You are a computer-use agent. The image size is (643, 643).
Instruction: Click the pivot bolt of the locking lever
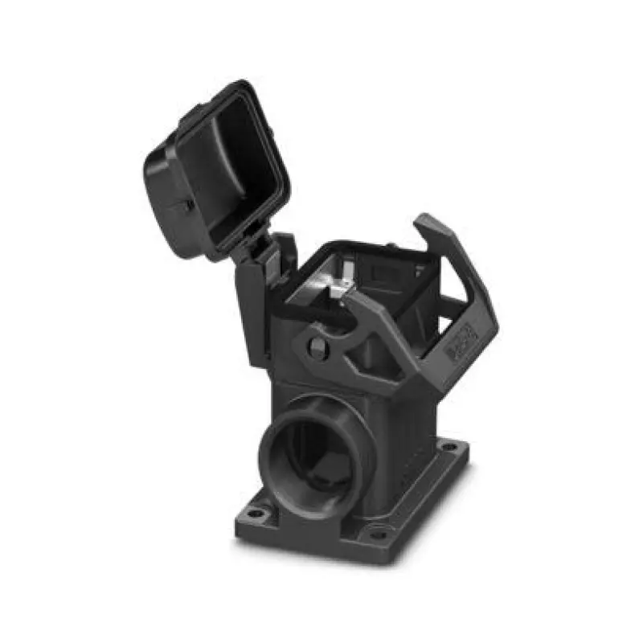pyautogui.click(x=317, y=347)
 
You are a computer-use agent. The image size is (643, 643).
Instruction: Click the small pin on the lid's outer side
pyautogui.click(x=186, y=205)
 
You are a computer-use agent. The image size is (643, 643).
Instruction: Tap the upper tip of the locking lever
pyautogui.click(x=426, y=221)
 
